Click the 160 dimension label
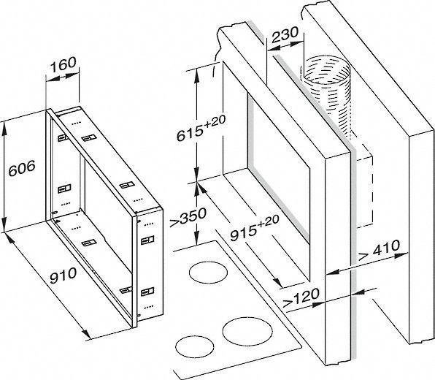[x=63, y=64]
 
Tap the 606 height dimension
[x=22, y=168]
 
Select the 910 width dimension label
[x=63, y=275]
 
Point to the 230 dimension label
[x=285, y=34]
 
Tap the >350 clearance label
[x=188, y=216]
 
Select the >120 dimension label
[x=301, y=297]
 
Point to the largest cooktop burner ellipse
[x=247, y=330]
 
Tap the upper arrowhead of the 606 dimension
[x=4, y=128]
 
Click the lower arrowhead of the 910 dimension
[x=85, y=333]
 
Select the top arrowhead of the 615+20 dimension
[x=196, y=75]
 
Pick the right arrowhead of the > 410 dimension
[x=401, y=254]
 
